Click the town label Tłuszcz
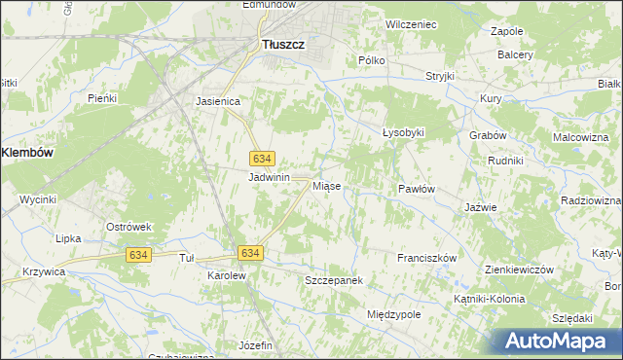pos(284,43)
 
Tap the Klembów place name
pos(27,153)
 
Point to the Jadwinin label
pos(270,177)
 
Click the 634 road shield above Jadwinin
pos(261,159)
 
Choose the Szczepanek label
pos(333,280)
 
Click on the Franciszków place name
pos(427,258)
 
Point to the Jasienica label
pos(218,100)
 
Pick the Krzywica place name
pos(43,272)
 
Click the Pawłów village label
pos(416,189)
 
